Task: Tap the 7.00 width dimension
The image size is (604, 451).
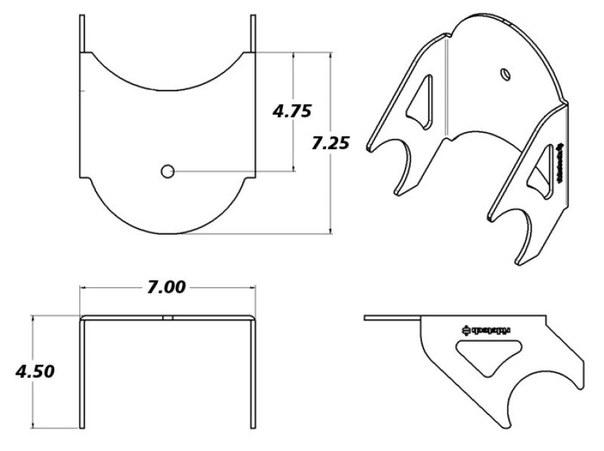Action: pos(167,287)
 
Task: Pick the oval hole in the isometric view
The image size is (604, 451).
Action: pos(505,72)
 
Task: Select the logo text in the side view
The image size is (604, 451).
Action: pos(486,329)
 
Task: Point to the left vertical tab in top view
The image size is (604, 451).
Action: pos(81,33)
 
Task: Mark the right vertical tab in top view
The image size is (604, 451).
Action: pos(253,33)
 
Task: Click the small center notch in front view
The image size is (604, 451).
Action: pos(168,318)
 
